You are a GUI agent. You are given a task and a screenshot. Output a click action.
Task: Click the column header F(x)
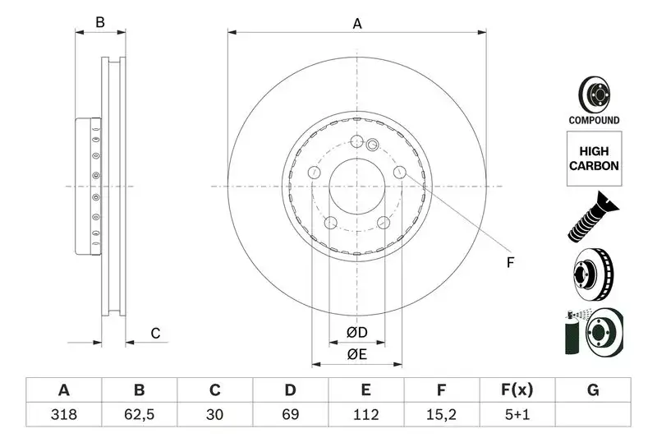(517, 390)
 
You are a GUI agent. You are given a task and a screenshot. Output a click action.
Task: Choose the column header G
(593, 390)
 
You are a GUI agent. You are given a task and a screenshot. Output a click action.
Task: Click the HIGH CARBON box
(594, 159)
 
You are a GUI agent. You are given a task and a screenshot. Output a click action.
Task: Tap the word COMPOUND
(594, 120)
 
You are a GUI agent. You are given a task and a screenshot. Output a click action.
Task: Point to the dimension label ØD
(356, 333)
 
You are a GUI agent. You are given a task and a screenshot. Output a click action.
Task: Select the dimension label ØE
(356, 354)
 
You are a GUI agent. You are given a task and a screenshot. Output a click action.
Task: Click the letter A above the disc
(357, 24)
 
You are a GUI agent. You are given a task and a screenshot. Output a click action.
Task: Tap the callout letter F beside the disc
(509, 263)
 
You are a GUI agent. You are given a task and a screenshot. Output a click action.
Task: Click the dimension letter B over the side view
(100, 23)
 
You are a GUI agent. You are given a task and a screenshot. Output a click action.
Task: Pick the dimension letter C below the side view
(154, 333)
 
